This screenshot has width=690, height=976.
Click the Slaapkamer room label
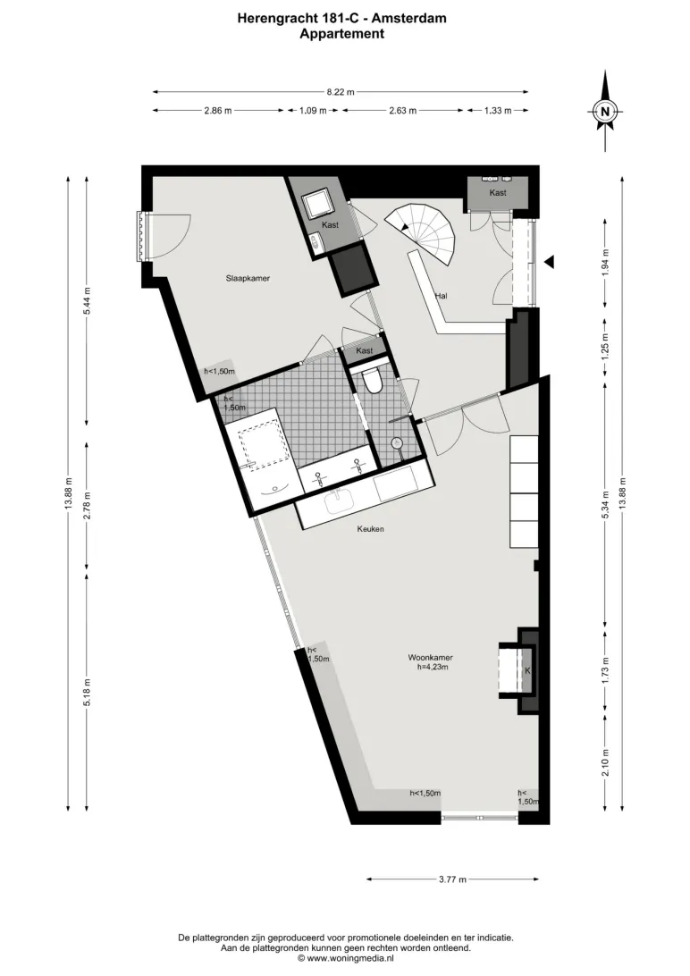point(248,278)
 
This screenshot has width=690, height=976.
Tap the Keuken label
point(370,529)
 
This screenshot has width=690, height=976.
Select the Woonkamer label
point(431,657)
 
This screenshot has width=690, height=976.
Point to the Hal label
point(442,296)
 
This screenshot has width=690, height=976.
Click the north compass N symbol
point(605,112)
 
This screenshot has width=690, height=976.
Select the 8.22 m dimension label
point(341,92)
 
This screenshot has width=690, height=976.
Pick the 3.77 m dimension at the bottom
point(452,879)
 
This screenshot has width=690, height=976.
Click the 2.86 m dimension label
point(218,111)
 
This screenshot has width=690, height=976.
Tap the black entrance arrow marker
point(549,263)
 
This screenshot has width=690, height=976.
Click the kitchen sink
point(338,501)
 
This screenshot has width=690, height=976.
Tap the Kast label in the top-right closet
point(498,193)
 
